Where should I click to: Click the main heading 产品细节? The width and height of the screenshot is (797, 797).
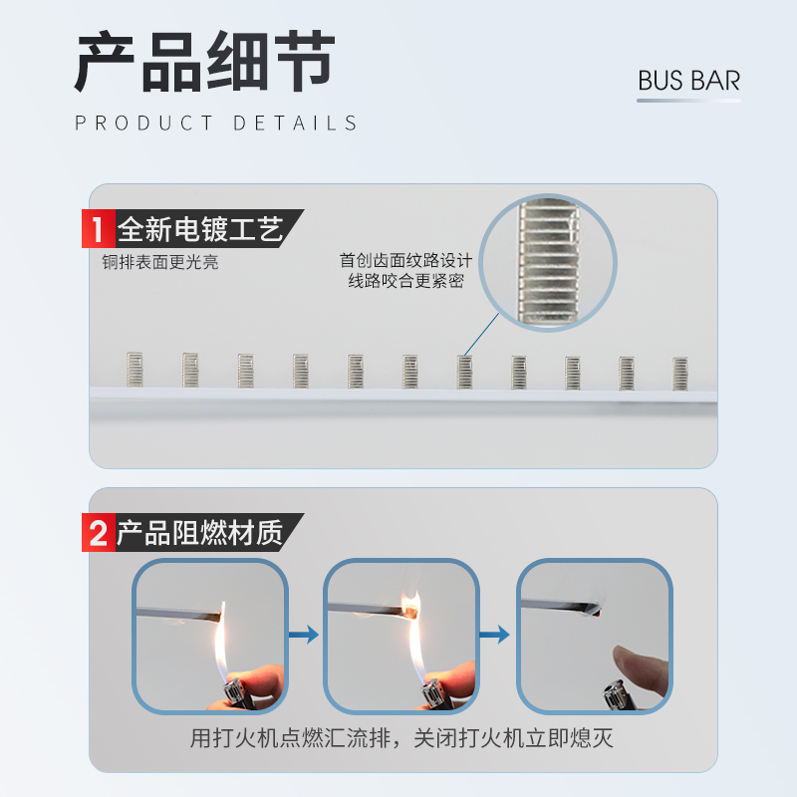pos(205,64)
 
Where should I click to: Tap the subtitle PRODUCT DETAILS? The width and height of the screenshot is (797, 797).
pos(216,124)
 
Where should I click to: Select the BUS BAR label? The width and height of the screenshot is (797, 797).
pos(689,81)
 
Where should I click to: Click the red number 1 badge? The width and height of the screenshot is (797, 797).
pos(97,230)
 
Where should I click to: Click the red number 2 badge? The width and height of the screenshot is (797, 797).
pos(97,533)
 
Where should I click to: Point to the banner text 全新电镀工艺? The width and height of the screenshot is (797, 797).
pos(200,230)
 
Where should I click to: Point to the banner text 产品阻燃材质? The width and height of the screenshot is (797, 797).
pos(200,533)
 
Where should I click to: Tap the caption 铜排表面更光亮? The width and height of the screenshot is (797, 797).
pos(159,263)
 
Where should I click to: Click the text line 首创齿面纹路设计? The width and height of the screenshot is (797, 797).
pos(405,261)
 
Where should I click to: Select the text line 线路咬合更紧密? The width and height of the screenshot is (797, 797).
pos(405,282)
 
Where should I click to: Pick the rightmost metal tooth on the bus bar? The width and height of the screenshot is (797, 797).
pos(680,372)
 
